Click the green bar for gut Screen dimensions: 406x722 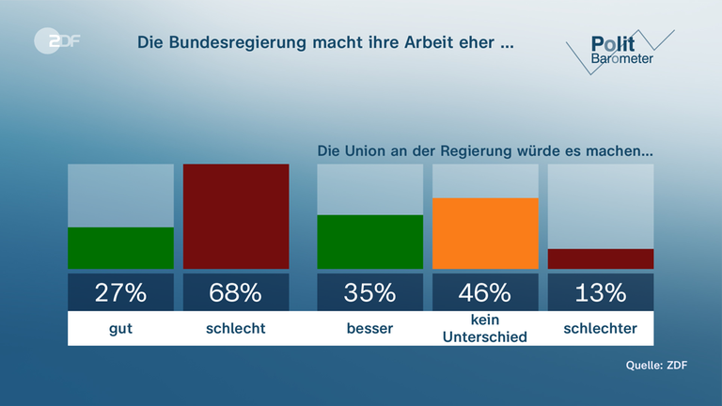(x=120, y=248)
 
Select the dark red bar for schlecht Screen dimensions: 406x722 (x=236, y=216)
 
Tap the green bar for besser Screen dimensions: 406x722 (x=370, y=242)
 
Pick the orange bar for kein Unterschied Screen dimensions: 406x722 (x=485, y=233)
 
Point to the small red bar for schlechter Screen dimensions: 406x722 (x=601, y=259)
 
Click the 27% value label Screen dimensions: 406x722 (x=120, y=292)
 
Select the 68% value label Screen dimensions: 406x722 (x=236, y=292)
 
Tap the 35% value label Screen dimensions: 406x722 (x=370, y=292)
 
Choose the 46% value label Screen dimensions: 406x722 (x=485, y=292)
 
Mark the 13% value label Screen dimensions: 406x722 (x=601, y=292)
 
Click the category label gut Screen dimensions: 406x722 (x=120, y=329)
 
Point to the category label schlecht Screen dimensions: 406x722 (x=236, y=329)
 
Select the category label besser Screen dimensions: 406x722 (x=370, y=329)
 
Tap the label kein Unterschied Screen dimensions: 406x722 (x=485, y=330)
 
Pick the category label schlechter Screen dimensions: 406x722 (x=601, y=329)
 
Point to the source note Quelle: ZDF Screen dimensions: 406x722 (x=656, y=366)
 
